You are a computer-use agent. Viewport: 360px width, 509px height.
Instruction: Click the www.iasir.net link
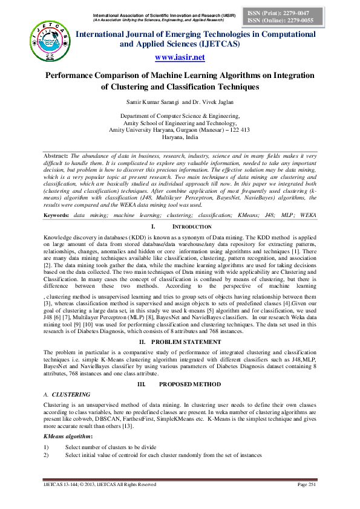pos(180,57)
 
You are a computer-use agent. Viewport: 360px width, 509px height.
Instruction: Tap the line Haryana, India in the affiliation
pos(180,137)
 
